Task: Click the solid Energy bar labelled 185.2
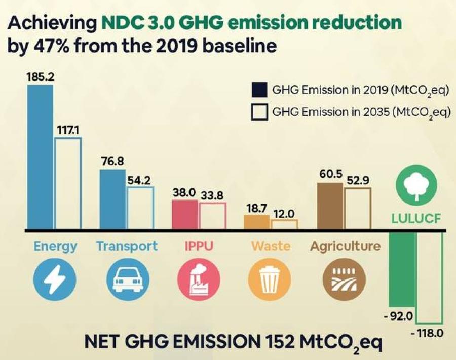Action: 40,157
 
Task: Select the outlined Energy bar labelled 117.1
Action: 68,183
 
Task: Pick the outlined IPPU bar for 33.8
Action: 212,216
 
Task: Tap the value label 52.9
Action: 358,180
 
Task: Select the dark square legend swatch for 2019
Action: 259,90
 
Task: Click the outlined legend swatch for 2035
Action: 259,111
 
